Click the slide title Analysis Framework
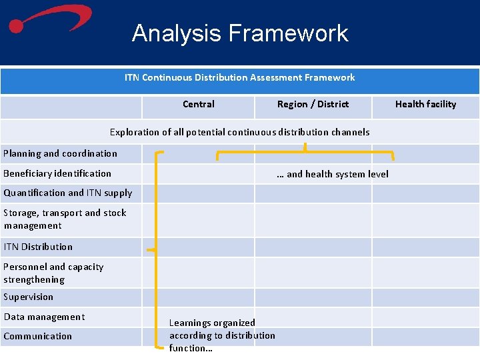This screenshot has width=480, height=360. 240,33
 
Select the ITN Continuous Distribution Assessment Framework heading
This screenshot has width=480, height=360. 239,78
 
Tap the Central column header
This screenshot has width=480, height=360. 199,104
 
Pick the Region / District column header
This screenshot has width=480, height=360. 313,104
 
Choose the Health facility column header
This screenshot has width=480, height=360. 425,104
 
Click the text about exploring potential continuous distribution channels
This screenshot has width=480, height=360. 239,132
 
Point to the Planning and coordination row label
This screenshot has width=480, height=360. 60,153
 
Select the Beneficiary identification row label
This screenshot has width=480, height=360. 57,173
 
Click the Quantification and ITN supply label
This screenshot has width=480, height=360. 68,193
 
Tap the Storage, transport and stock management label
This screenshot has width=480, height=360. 65,219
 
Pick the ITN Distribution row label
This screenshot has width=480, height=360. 38,247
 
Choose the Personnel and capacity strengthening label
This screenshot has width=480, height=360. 53,273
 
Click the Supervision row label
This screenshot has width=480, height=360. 28,297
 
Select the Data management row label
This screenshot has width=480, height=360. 44,317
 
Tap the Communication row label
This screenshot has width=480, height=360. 37,336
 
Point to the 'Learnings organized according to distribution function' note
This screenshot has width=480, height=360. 222,335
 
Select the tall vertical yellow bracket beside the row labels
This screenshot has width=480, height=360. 156,251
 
